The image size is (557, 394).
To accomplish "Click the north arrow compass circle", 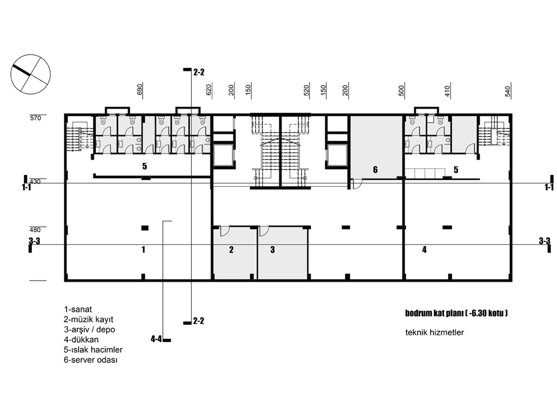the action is click(x=31, y=55).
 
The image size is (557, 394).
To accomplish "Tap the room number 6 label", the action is click(x=375, y=169).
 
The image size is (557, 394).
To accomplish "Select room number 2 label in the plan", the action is click(x=231, y=250).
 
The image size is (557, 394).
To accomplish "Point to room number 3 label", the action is click(x=272, y=250).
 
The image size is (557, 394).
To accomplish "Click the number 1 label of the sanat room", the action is click(x=143, y=249).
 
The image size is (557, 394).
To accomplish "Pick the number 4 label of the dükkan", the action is click(x=424, y=249).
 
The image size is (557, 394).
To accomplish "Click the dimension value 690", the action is click(x=140, y=89).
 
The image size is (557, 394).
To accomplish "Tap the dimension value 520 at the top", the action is click(x=306, y=90).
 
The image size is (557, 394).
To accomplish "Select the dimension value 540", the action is click(x=507, y=91).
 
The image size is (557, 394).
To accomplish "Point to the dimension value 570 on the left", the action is click(x=35, y=118).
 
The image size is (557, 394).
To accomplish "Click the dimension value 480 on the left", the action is click(x=35, y=230).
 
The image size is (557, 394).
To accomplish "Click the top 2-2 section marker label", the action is click(x=199, y=72).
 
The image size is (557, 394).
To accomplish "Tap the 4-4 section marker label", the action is click(x=156, y=339).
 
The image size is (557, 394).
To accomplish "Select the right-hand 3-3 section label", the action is click(x=544, y=241).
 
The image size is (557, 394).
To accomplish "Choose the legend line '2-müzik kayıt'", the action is click(x=88, y=319).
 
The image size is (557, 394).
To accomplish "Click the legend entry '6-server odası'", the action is click(x=91, y=360).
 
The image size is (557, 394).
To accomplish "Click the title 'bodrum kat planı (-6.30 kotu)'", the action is click(x=456, y=313).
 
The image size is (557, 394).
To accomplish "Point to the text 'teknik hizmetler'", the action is click(x=434, y=332).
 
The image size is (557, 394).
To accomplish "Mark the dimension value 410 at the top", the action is click(x=447, y=91).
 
